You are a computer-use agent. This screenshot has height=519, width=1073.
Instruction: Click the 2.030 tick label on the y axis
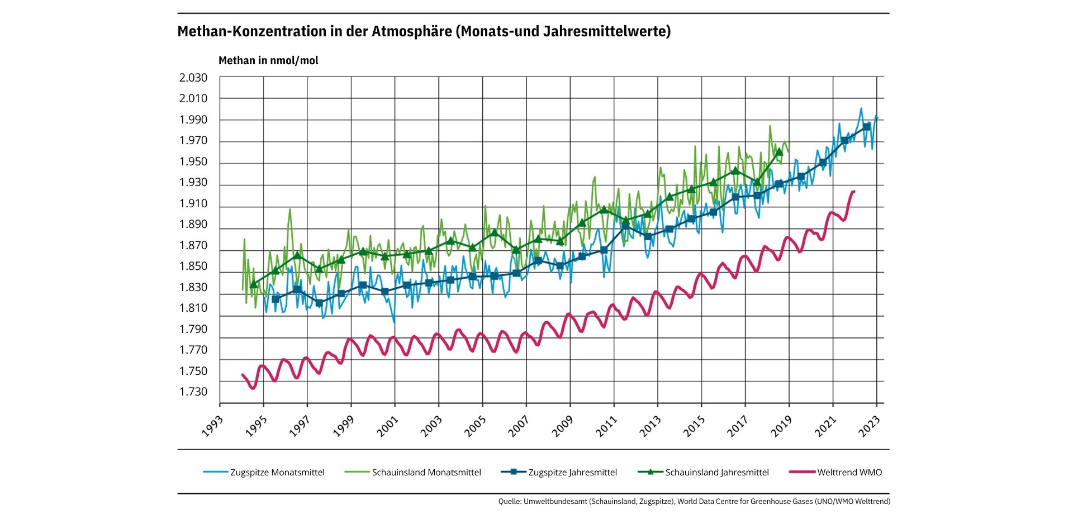click(x=193, y=78)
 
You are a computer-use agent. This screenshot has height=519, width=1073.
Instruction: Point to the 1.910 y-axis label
click(x=193, y=203)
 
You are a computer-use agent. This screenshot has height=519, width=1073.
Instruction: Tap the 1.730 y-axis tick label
click(x=193, y=392)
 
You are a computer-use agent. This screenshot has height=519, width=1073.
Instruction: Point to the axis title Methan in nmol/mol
click(x=268, y=61)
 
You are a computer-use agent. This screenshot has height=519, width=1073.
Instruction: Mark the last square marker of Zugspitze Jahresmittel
click(x=866, y=127)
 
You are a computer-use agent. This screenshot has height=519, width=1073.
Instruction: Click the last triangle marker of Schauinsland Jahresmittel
click(x=779, y=152)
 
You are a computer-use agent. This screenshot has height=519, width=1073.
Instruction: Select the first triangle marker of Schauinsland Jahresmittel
click(x=253, y=284)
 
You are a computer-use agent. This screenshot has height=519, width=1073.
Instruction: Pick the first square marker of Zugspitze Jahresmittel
click(x=275, y=299)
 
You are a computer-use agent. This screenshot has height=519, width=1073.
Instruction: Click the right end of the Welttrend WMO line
click(x=854, y=192)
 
